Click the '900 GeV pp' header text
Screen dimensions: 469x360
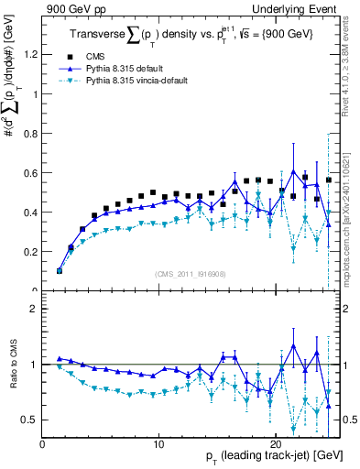tap(76, 7)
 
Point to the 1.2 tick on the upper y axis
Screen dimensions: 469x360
tap(32, 54)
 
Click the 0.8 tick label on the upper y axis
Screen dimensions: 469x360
tap(32, 133)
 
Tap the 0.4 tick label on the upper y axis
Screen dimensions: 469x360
tap(32, 212)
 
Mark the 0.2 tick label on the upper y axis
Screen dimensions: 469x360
tap(32, 251)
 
